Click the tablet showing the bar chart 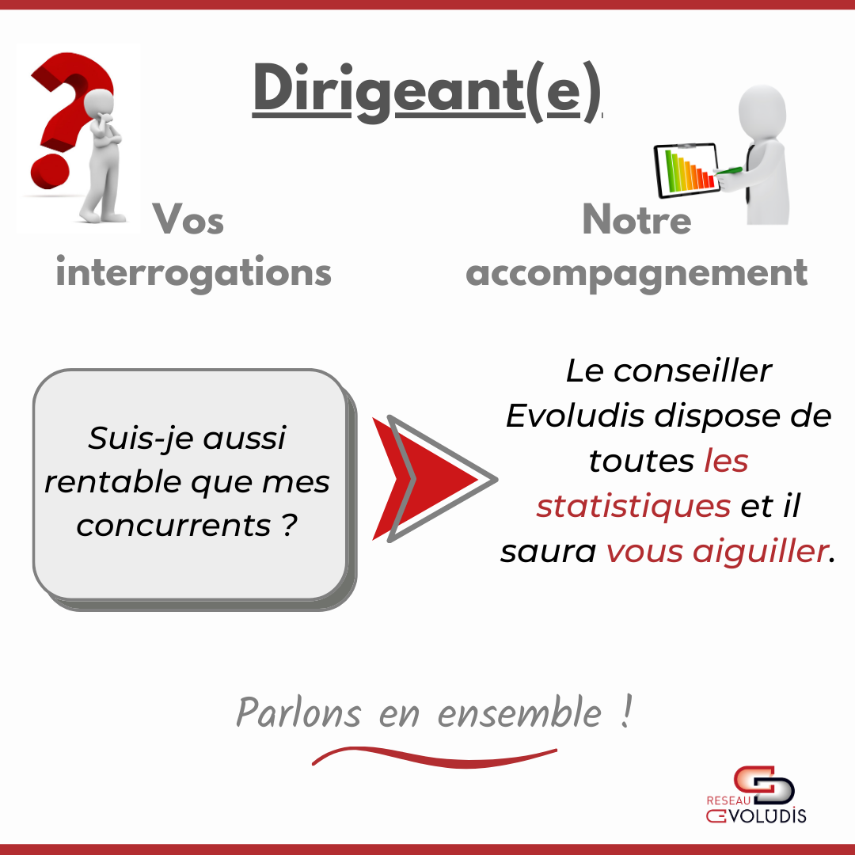pyautogui.click(x=686, y=170)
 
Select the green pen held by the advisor pyautogui.click(x=728, y=171)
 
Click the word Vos pyautogui.click(x=188, y=220)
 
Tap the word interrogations pyautogui.click(x=194, y=272)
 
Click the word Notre pyautogui.click(x=636, y=220)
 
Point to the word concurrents pyautogui.click(x=173, y=526)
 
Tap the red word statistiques pyautogui.click(x=633, y=505)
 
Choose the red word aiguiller pyautogui.click(x=760, y=551)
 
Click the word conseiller pyautogui.click(x=693, y=371)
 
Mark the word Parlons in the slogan pyautogui.click(x=298, y=712)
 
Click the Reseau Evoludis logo pyautogui.click(x=756, y=795)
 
